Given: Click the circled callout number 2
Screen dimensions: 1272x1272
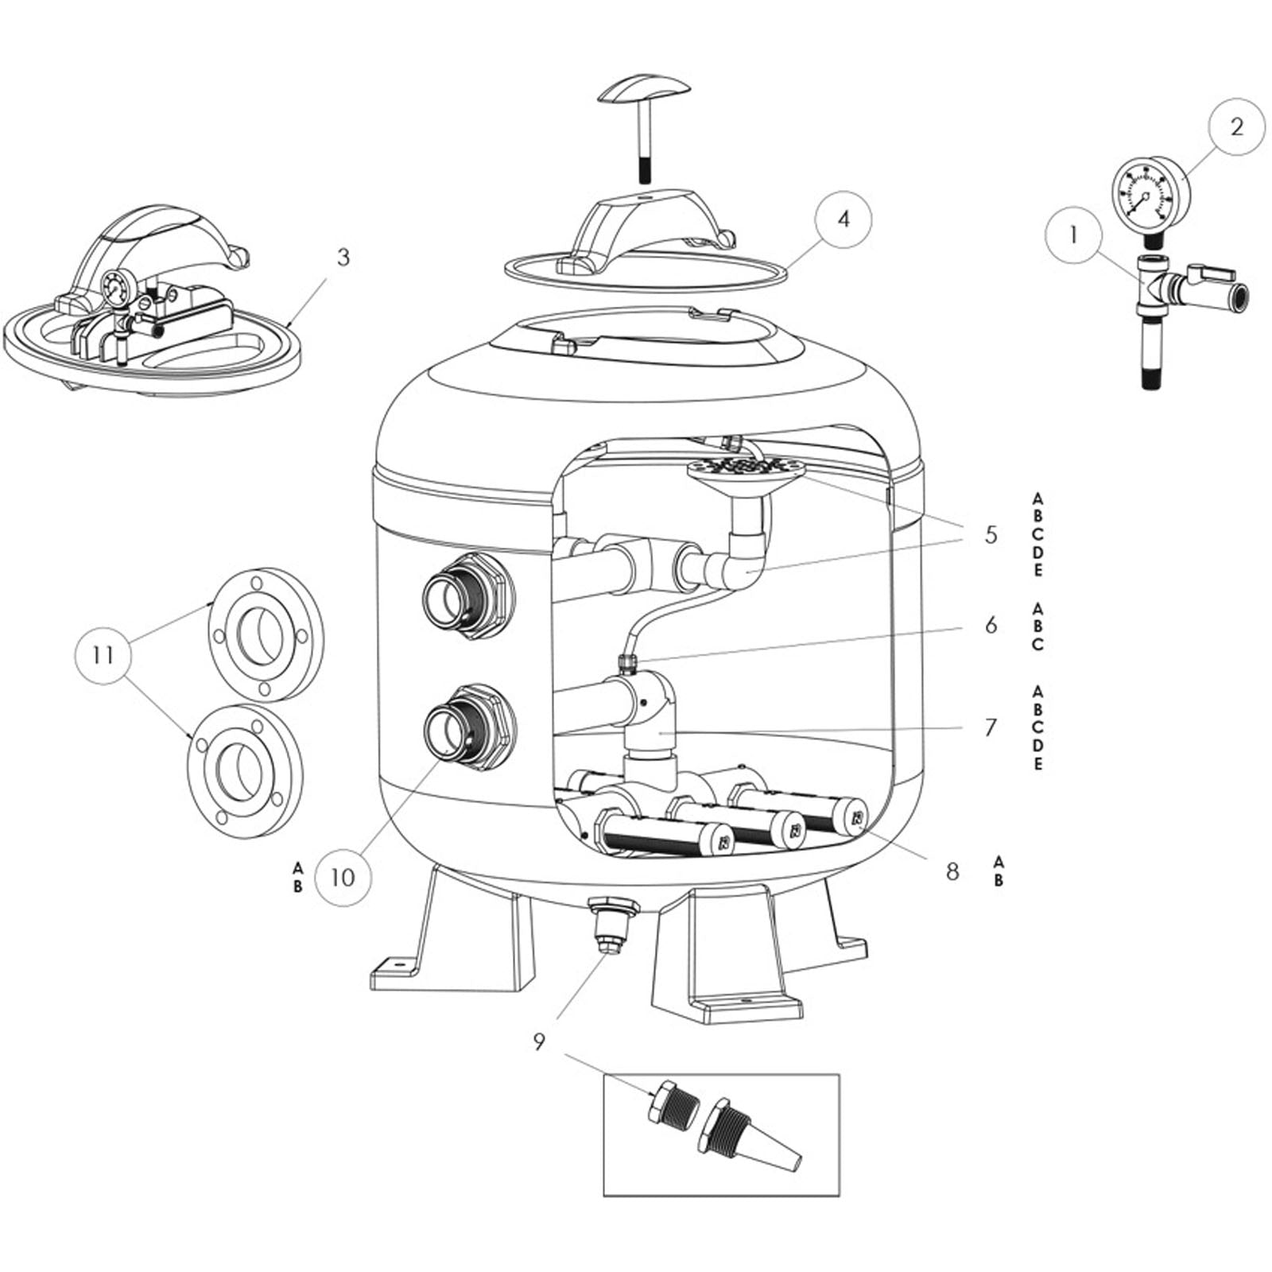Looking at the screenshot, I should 1235,127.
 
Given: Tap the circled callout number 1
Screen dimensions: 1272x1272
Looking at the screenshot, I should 1074,235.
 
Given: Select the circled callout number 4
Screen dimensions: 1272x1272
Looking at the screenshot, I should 843,219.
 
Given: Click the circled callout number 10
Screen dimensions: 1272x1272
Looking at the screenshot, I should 343,878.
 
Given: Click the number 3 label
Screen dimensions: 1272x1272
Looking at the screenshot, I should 343,258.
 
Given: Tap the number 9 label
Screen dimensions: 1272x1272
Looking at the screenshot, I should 540,1041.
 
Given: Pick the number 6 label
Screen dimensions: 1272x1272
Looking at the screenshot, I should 991,625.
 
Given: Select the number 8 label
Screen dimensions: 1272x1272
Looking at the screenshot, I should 952,871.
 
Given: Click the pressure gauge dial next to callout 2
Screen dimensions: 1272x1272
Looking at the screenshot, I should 1144,194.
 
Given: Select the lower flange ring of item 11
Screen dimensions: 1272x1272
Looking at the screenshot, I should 245,771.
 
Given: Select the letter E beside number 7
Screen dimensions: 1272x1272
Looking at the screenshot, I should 1037,764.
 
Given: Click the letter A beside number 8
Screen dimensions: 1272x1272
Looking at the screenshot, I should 999,862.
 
